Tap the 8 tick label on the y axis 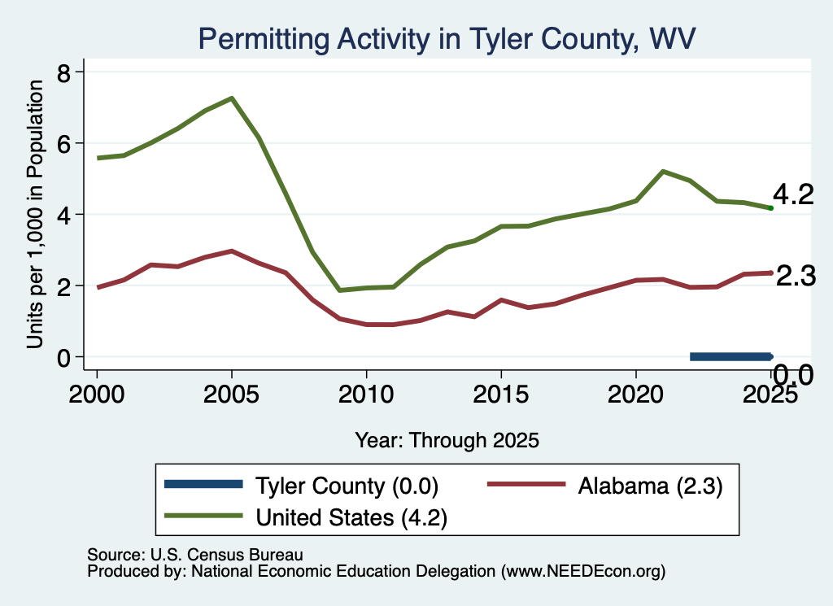[63, 72]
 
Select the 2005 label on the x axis [231, 394]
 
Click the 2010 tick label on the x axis [366, 394]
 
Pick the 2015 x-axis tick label [500, 394]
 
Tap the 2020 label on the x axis [635, 394]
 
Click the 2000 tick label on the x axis [97, 394]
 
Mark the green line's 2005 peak [232, 98]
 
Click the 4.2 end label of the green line [793, 194]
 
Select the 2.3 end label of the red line [796, 277]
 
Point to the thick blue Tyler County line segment [731, 357]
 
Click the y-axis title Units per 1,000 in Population [35, 214]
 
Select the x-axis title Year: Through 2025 [447, 440]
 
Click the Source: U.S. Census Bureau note [195, 555]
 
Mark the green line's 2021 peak [662, 171]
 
